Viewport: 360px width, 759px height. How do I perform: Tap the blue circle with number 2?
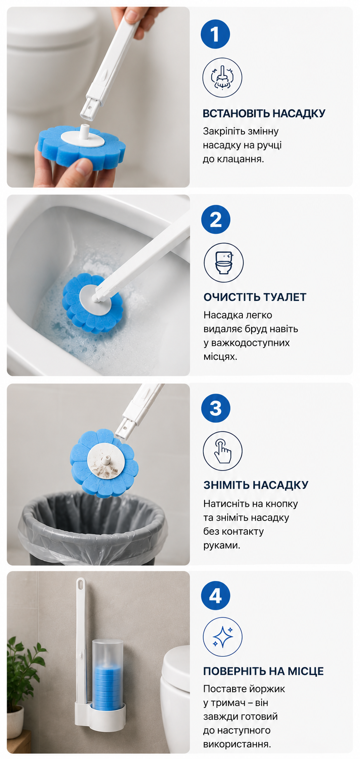pyautogui.click(x=216, y=219)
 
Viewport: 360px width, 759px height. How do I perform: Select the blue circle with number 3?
pyautogui.click(x=216, y=408)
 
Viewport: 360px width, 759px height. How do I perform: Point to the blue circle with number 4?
pyautogui.click(x=216, y=596)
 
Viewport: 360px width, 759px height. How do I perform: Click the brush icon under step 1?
pyautogui.click(x=222, y=78)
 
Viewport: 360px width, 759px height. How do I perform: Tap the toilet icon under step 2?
pyautogui.click(x=224, y=263)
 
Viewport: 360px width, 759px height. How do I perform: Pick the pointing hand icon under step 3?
pyautogui.click(x=222, y=451)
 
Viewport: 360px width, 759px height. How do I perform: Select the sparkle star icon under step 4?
pyautogui.click(x=222, y=637)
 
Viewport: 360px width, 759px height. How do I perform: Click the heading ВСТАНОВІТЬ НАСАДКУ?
pyautogui.click(x=264, y=113)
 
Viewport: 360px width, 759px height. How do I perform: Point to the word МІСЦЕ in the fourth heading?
pyautogui.click(x=304, y=671)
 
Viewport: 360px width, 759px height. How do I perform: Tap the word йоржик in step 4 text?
pyautogui.click(x=268, y=689)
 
